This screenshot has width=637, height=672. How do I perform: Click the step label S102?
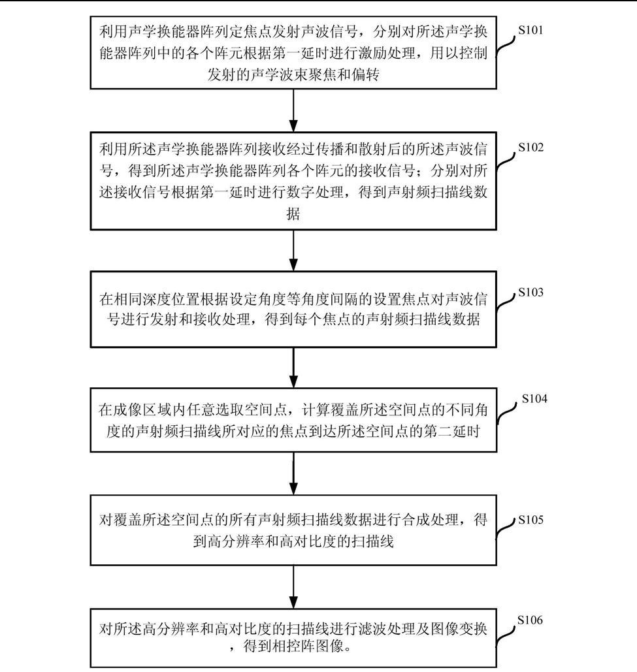pos(531,148)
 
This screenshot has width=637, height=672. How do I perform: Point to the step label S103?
pos(531,293)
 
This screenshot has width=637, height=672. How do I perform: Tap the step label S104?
pos(534,399)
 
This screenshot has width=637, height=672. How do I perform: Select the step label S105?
pos(531,520)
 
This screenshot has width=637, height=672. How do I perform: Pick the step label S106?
pos(530,620)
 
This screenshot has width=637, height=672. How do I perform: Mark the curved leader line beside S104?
pos(506,415)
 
